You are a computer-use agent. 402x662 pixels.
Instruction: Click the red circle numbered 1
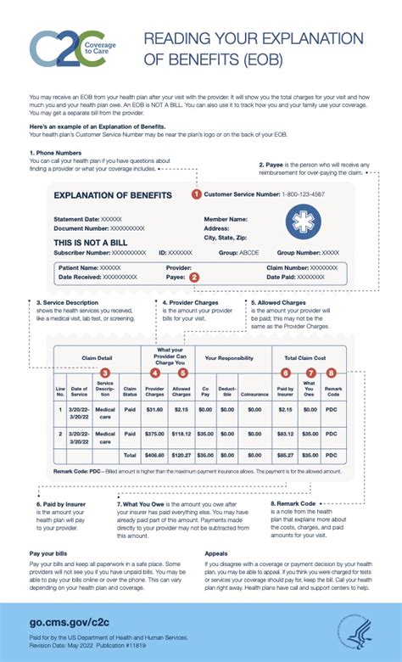(x=196, y=194)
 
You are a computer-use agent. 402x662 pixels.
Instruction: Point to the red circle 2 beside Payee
(x=194, y=276)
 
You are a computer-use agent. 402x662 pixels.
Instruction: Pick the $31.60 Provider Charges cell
(x=154, y=409)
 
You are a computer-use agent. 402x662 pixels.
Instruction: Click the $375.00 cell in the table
(x=154, y=434)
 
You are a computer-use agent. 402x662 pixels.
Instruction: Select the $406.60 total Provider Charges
(x=154, y=455)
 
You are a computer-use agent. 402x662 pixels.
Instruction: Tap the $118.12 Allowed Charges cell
(x=181, y=434)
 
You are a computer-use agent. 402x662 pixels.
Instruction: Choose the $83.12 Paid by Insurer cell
(x=285, y=434)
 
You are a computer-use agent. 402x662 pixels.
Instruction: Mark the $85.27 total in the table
(x=285, y=455)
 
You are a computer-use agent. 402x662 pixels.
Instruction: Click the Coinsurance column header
(x=253, y=393)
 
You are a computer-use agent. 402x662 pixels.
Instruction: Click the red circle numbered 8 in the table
(x=331, y=373)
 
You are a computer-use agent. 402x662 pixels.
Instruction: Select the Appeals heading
(x=215, y=529)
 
